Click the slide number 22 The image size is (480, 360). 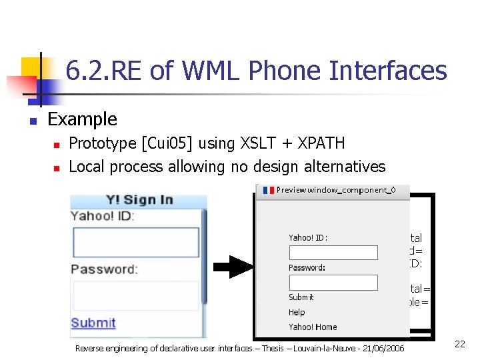point(459,344)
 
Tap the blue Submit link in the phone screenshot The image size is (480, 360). point(93,323)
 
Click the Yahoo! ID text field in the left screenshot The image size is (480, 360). point(135,242)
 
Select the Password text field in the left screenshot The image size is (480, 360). point(135,295)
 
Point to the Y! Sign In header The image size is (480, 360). point(139,200)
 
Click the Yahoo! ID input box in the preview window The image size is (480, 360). point(333,253)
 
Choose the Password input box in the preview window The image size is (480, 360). point(333,283)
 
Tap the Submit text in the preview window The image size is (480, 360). point(301,297)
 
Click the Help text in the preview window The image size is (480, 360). point(297,312)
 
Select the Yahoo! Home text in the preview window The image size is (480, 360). point(313,327)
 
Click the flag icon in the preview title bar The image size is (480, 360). point(269,190)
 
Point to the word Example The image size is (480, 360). point(83,119)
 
